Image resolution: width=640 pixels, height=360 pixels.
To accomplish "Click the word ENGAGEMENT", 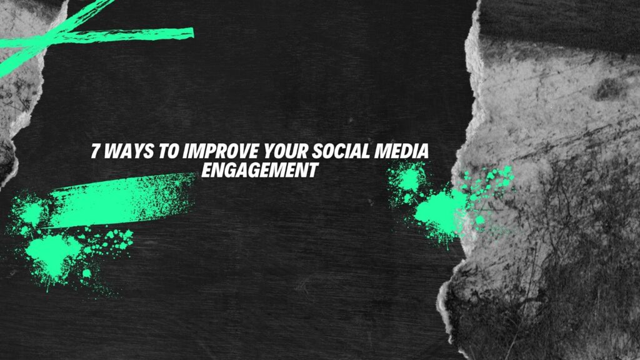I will (259, 169).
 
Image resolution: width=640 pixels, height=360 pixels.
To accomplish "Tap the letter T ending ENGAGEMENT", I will (312, 169).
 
